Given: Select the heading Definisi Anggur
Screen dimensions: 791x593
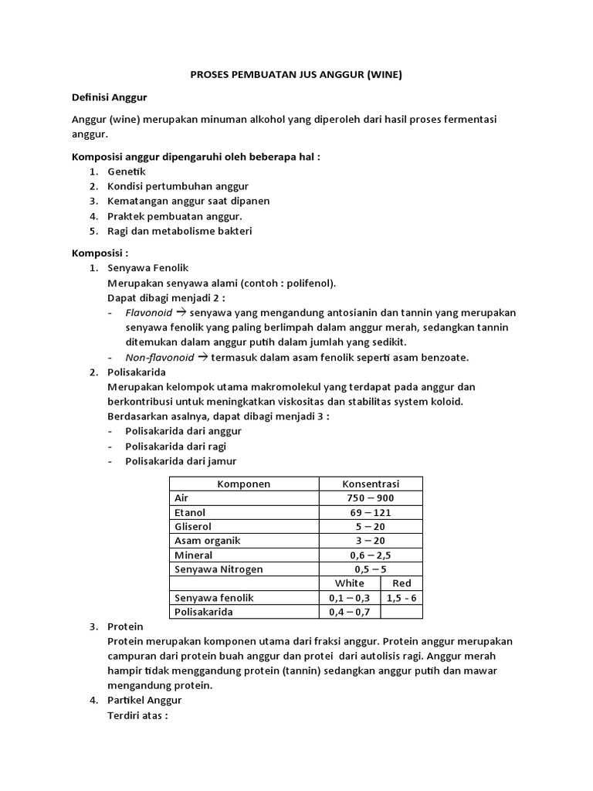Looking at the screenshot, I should point(109,97).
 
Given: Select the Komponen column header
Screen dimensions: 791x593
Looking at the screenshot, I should point(243,484).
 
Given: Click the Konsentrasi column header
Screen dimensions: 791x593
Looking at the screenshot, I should point(371,484).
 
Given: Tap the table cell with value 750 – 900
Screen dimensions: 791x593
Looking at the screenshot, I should point(371,498).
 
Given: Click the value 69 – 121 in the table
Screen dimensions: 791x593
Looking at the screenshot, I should point(371,512).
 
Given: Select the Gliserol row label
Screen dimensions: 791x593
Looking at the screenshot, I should point(193,527).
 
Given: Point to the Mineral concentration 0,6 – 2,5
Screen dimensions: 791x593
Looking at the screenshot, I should point(371,555).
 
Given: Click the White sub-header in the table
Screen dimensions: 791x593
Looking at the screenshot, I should point(350,583).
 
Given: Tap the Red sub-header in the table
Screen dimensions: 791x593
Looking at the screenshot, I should point(402,583).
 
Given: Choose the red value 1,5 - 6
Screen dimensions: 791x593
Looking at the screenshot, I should point(402,598).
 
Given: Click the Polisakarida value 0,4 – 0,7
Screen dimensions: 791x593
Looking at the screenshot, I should point(350,612).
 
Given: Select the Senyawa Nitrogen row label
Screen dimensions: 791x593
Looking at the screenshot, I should point(219,569).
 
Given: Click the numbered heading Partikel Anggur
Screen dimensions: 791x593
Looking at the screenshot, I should point(144,700).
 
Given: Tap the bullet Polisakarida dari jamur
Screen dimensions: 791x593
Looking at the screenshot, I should point(181,460).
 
